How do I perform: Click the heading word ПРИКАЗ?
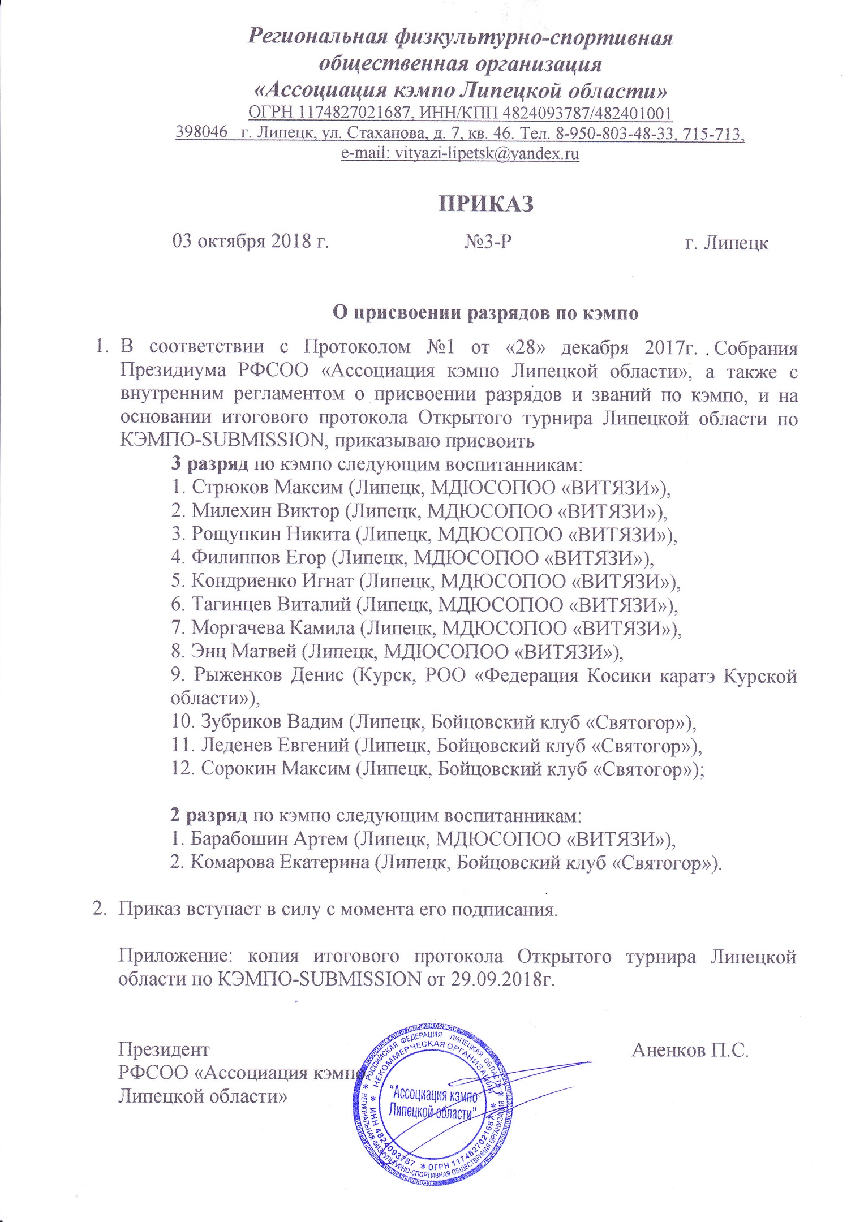point(486,204)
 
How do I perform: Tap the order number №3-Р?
point(488,242)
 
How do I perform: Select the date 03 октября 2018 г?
point(251,242)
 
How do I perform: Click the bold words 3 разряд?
point(209,464)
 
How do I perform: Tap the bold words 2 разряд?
point(209,815)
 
